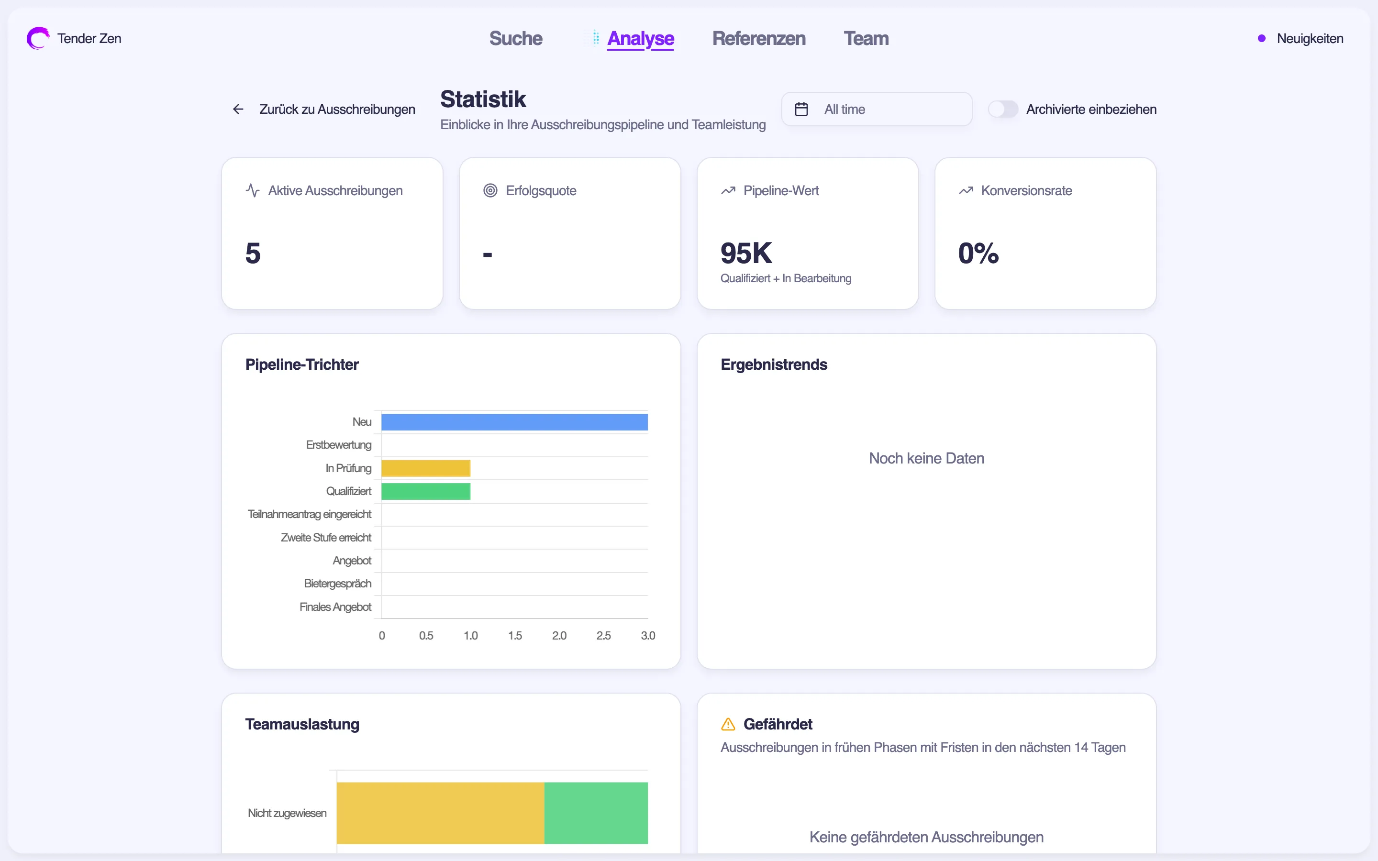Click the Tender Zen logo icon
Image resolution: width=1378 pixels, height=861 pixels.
[x=38, y=38]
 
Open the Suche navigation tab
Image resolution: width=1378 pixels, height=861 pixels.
[x=515, y=38]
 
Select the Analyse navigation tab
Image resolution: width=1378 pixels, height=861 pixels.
[x=640, y=38]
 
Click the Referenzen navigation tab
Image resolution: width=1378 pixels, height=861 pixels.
[x=758, y=38]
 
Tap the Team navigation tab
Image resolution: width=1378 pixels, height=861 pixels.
[x=866, y=38]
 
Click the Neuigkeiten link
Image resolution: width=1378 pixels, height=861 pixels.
[x=1309, y=38]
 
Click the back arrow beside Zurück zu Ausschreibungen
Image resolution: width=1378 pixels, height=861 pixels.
[x=238, y=110]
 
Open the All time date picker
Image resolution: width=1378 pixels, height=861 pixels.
[x=877, y=110]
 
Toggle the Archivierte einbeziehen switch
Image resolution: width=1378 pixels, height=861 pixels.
[x=1002, y=110]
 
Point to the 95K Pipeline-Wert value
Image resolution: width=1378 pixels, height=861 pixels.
[x=746, y=254]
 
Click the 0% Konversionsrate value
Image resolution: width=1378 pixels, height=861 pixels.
[x=978, y=254]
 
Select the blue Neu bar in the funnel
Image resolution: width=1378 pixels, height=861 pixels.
[x=514, y=422]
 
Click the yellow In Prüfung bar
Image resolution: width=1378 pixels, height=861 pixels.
[x=425, y=468]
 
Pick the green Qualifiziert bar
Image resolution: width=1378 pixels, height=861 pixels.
[x=425, y=491]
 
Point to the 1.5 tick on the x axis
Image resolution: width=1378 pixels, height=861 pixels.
[x=515, y=636]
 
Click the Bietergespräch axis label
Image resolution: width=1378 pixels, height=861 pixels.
[x=337, y=584]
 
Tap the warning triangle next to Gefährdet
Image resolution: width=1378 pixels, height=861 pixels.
[x=728, y=724]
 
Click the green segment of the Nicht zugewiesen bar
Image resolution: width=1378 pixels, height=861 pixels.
[x=596, y=813]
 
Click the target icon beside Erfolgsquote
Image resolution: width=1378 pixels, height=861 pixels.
[x=489, y=191]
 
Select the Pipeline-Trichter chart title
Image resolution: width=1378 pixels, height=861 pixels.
[x=302, y=364]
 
